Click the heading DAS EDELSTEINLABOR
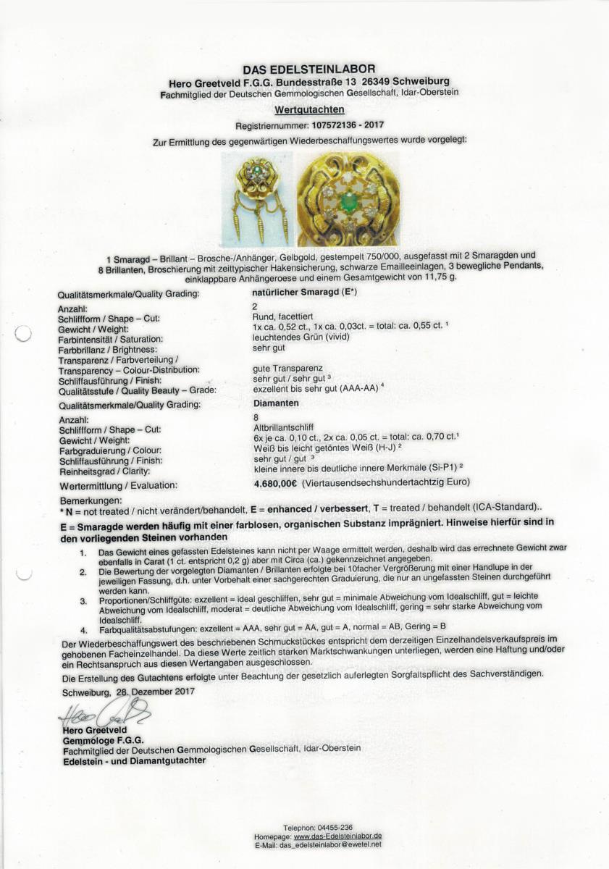click(x=304, y=70)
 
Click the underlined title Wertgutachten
click(x=304, y=110)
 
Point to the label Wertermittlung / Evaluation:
click(x=119, y=486)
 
